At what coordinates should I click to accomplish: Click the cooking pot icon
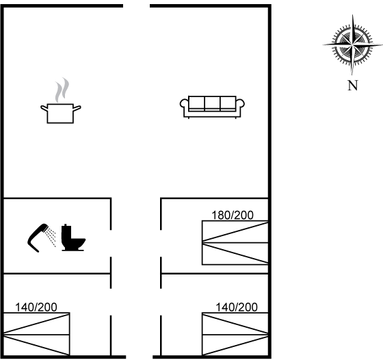tap(60, 113)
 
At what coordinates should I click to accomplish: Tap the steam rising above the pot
tap(62, 90)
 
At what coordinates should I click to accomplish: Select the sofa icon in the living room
tap(212, 107)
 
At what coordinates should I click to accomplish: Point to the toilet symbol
tap(73, 237)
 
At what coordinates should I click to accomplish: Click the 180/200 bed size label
tap(233, 216)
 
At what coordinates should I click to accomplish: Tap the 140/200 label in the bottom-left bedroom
tap(36, 307)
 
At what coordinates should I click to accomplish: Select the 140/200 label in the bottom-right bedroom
tap(237, 307)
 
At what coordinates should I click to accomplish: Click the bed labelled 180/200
tap(235, 243)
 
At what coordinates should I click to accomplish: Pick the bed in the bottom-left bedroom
tap(37, 334)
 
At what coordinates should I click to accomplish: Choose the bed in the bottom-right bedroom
tap(235, 334)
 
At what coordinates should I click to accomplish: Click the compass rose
tap(352, 45)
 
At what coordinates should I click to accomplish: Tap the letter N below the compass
tap(353, 86)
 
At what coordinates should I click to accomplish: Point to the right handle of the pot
tap(77, 108)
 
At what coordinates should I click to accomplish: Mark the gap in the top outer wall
tap(136, 5)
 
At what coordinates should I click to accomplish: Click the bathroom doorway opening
tap(111, 244)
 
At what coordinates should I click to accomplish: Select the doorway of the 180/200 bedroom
tap(161, 244)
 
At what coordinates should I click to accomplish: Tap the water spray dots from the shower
tap(51, 237)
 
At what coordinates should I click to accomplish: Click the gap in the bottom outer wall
tap(140, 357)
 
